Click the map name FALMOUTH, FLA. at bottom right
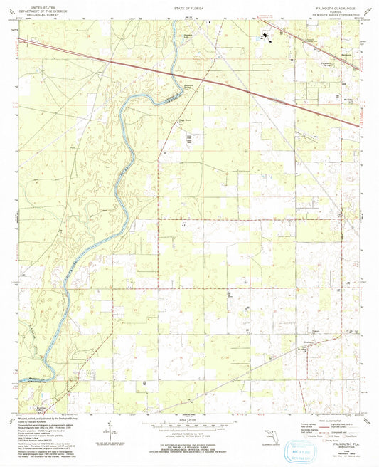[326, 421]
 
